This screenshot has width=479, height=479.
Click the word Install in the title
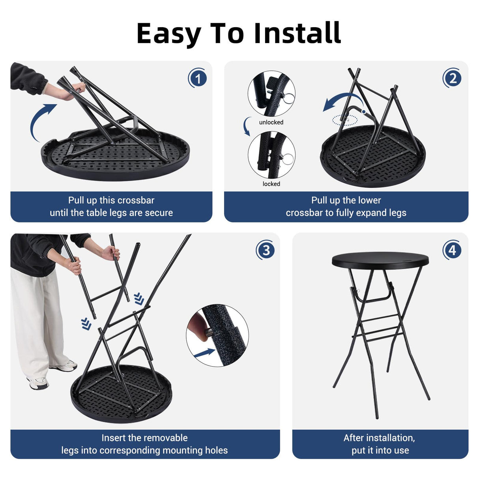click(x=297, y=33)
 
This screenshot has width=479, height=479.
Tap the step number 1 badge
click(x=198, y=78)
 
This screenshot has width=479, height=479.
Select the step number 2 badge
click(x=452, y=78)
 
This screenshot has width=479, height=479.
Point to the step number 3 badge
click(x=266, y=250)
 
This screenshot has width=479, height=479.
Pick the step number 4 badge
click(x=452, y=250)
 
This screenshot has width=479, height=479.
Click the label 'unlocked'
click(x=271, y=122)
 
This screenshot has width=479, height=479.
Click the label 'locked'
click(x=271, y=184)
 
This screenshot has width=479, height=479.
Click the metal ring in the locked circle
click(x=288, y=159)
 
